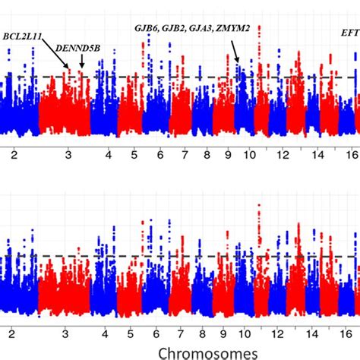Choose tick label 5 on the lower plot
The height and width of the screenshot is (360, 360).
pyautogui.click(x=134, y=332)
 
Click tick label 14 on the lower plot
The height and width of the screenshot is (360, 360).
pyautogui.click(x=317, y=332)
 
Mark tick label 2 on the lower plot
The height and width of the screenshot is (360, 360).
pyautogui.click(x=12, y=332)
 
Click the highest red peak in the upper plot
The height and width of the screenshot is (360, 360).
pyautogui.click(x=260, y=27)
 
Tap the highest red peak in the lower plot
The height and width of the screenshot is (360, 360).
pyautogui.click(x=260, y=206)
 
